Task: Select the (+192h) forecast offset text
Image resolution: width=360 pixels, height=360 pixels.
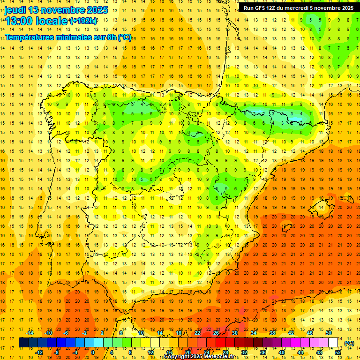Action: tap(83, 21)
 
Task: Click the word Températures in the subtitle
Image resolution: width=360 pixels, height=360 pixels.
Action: tap(30, 37)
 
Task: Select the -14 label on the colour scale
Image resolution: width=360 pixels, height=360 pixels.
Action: tap(30, 333)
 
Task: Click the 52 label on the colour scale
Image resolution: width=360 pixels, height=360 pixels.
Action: tap(338, 352)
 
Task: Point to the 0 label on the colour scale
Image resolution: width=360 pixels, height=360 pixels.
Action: tap(93, 352)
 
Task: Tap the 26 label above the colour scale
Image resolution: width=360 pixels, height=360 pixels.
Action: tap(216, 333)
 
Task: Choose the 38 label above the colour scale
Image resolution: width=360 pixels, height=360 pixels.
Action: tap(272, 333)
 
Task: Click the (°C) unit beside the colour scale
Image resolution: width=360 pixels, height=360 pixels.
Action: tap(349, 343)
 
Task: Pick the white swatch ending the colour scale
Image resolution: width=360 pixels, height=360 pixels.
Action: tap(333, 343)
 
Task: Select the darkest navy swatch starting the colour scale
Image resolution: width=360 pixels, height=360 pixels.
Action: tap(23, 343)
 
